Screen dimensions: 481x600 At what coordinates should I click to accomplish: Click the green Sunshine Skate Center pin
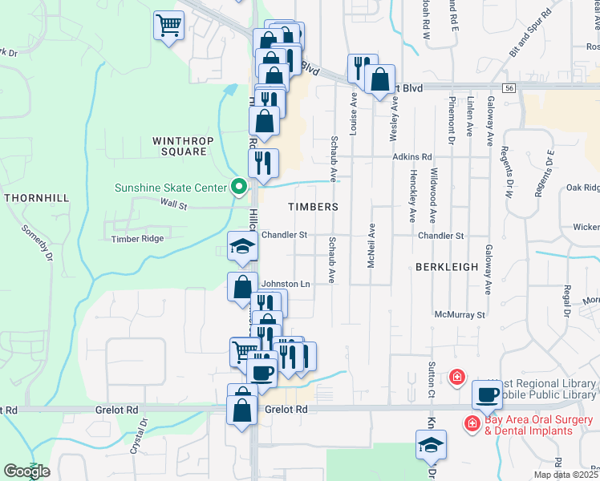238,188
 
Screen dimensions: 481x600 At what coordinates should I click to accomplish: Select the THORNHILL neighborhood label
36,197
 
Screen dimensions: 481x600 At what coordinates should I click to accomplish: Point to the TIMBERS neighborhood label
313,207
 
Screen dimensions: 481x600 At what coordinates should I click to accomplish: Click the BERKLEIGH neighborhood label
447,266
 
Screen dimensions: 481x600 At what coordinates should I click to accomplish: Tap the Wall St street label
173,206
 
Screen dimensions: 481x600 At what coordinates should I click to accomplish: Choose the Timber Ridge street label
137,239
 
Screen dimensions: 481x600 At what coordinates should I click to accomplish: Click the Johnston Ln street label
286,284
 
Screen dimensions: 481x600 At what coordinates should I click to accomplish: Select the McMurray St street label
460,315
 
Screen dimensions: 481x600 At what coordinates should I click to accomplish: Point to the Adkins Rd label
412,157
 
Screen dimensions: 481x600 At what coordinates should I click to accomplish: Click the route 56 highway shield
509,87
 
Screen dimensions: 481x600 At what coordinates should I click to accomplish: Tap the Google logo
26,471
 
